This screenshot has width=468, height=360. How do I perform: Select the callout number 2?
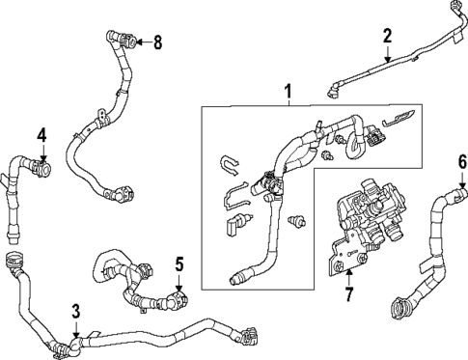[387, 36]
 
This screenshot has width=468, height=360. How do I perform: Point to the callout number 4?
[41, 134]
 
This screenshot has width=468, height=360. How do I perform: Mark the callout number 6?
[461, 160]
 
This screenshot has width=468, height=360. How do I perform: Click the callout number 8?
[157, 42]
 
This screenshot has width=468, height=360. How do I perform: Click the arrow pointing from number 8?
[141, 42]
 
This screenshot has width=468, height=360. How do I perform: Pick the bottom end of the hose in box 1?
[237, 279]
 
